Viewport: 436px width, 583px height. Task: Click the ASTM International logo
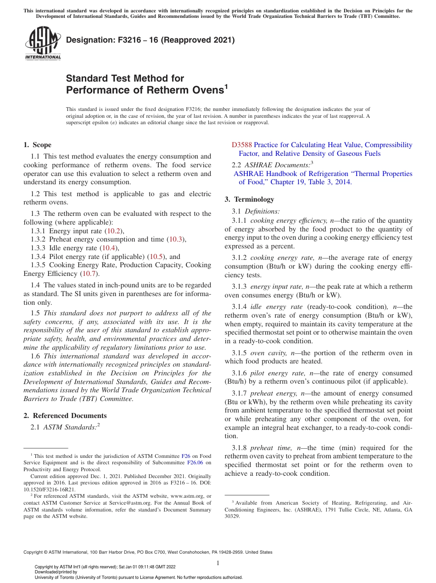click(x=43, y=44)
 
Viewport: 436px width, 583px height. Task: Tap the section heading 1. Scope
click(x=37, y=145)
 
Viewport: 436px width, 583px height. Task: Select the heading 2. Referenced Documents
click(x=65, y=416)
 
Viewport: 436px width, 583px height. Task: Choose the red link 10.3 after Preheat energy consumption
click(x=175, y=239)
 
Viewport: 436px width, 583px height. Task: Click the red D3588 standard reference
click(x=242, y=145)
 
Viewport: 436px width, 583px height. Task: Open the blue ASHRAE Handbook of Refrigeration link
click(x=323, y=174)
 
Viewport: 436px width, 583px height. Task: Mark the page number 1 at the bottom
click(x=218, y=563)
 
